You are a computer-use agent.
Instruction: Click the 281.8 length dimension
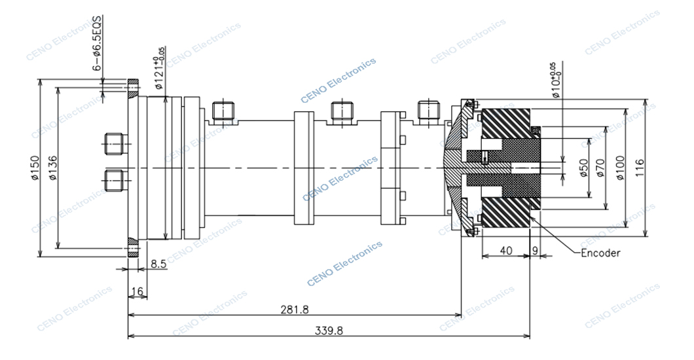pyautogui.click(x=295, y=310)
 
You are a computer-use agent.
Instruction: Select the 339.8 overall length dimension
pyautogui.click(x=329, y=331)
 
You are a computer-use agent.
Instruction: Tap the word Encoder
pyautogui.click(x=600, y=253)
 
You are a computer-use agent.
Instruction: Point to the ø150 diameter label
pyautogui.click(x=35, y=168)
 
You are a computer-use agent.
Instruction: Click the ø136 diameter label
pyautogui.click(x=52, y=168)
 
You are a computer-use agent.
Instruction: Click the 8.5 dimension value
pyautogui.click(x=158, y=264)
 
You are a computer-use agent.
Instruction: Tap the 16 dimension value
pyautogui.click(x=137, y=291)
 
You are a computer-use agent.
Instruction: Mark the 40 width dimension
pyautogui.click(x=506, y=251)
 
